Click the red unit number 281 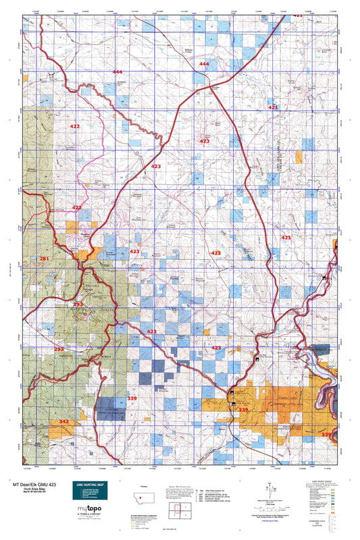point(45,259)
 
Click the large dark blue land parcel point(106,407)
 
